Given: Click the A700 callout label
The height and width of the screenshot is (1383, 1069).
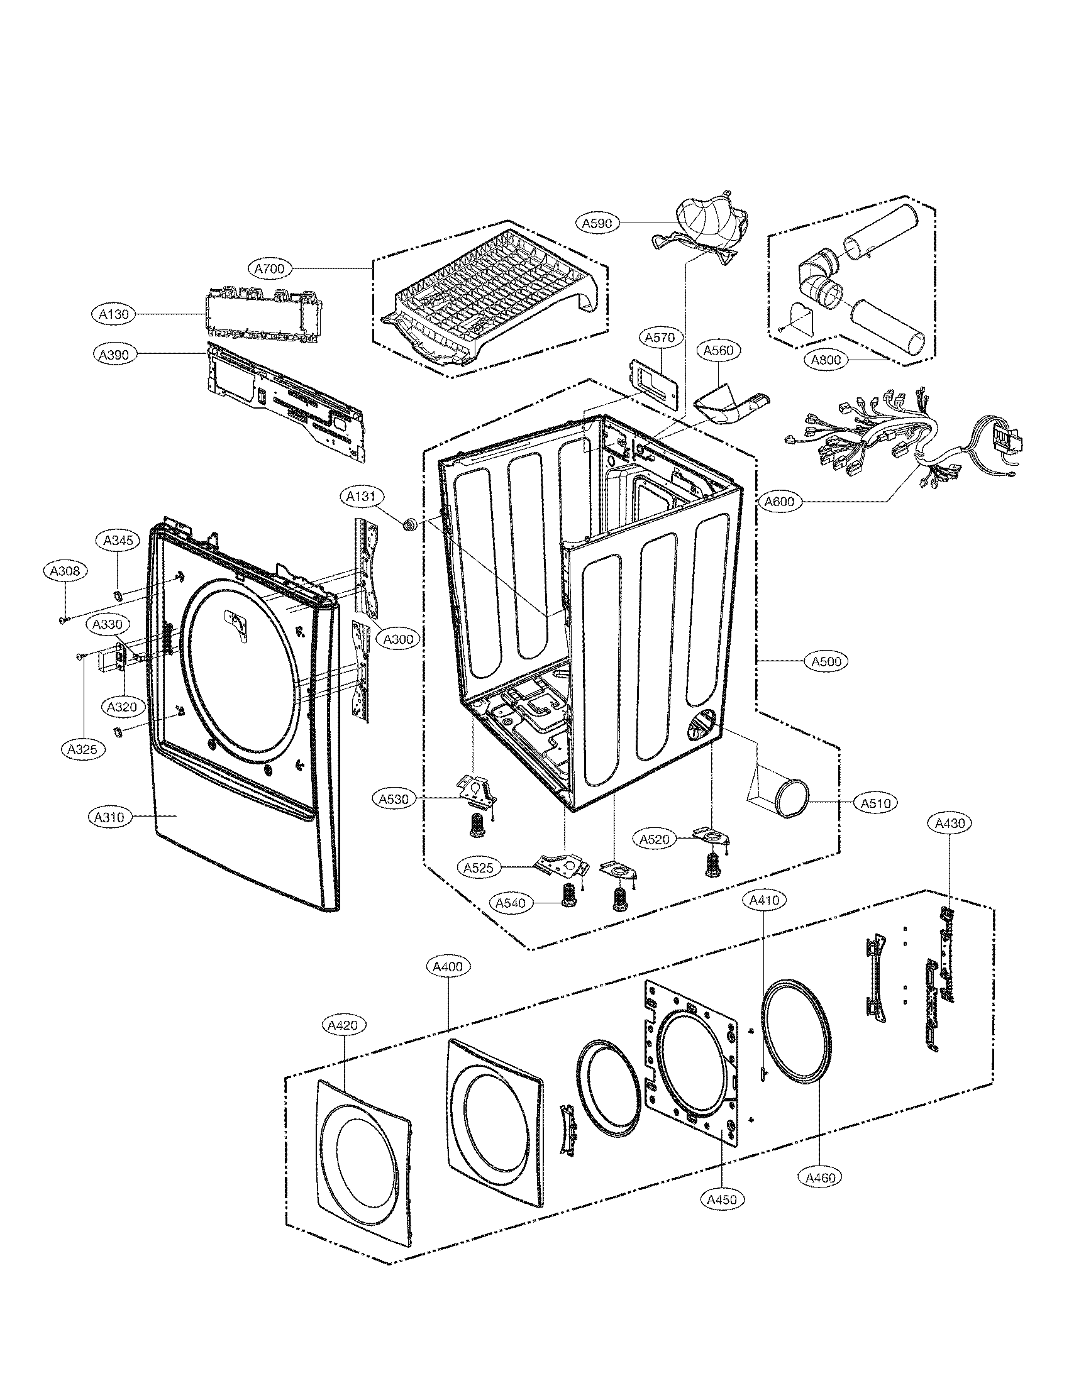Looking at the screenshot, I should tap(269, 269).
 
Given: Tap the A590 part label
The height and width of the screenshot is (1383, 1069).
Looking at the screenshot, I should tap(597, 223).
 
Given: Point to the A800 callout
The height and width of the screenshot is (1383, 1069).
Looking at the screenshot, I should tap(826, 360).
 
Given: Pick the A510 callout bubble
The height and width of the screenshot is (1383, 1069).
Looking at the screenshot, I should tap(876, 803).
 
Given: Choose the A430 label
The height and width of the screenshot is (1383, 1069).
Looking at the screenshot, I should tap(950, 824).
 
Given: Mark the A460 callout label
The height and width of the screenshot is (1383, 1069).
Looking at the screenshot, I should tap(821, 1177).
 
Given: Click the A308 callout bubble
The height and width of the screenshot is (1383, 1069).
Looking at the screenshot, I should tap(65, 571).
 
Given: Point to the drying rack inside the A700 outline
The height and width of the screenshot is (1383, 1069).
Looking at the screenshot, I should tap(487, 294).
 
